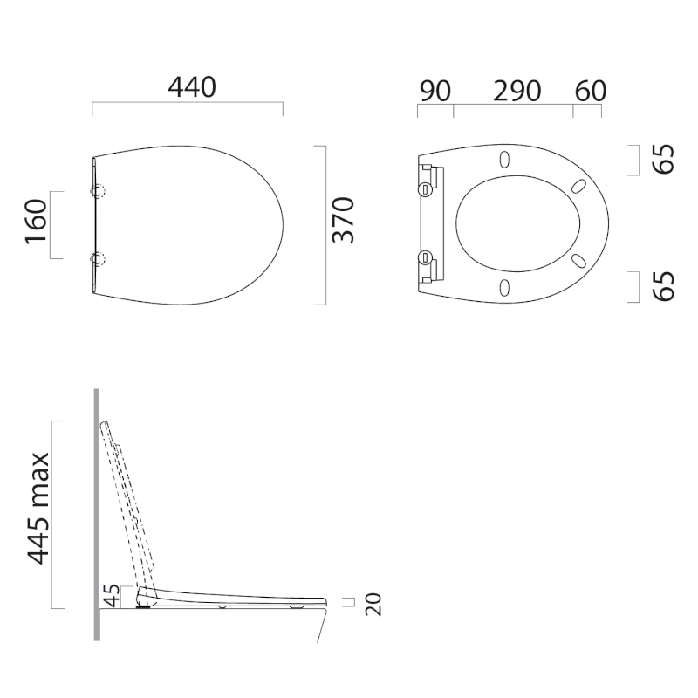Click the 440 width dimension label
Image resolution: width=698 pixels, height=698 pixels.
192,87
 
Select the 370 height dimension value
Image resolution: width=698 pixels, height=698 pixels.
344,220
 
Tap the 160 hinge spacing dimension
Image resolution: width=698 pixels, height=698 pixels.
36,222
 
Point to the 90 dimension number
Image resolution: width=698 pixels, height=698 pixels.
435,92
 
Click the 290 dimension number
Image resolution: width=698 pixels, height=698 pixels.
517,92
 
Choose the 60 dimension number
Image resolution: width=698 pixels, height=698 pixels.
591,92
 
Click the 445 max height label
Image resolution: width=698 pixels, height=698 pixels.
38,509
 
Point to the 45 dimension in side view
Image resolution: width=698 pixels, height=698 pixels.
112,596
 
